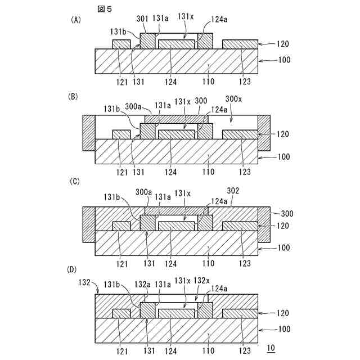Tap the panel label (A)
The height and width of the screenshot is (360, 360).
click(x=76, y=20)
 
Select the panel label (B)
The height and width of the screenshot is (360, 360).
click(x=73, y=96)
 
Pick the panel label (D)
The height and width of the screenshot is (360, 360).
click(x=74, y=269)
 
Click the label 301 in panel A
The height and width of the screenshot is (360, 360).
click(x=142, y=18)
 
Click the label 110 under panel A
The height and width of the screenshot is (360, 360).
click(x=209, y=82)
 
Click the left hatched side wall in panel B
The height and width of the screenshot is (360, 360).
click(x=89, y=132)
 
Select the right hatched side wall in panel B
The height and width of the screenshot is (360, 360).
click(x=264, y=132)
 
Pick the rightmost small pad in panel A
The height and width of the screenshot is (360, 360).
click(x=240, y=44)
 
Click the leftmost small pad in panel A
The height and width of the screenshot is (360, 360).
click(x=121, y=44)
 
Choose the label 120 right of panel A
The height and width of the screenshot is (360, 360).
click(x=285, y=42)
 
